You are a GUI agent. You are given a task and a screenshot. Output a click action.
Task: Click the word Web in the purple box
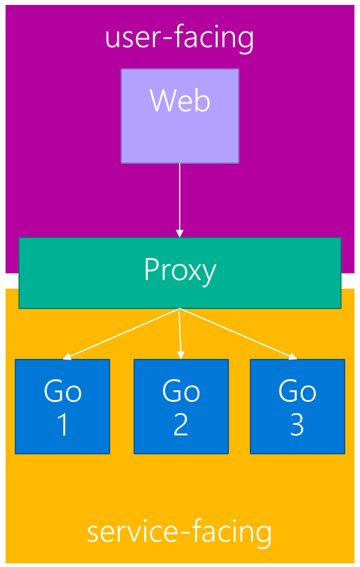pyautogui.click(x=180, y=100)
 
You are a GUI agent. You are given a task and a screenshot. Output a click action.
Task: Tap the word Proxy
pyautogui.click(x=180, y=270)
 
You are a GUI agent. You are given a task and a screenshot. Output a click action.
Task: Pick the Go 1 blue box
pyautogui.click(x=62, y=406)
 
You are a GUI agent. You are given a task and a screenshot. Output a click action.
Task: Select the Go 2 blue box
pyautogui.click(x=181, y=406)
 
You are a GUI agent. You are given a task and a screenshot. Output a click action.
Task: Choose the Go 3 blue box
pyautogui.click(x=297, y=406)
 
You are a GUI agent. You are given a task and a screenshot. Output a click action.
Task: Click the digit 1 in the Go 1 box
pyautogui.click(x=63, y=425)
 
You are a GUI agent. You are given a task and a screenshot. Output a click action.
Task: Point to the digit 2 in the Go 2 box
pyautogui.click(x=181, y=425)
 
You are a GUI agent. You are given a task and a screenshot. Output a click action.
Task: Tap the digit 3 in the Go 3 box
pyautogui.click(x=297, y=425)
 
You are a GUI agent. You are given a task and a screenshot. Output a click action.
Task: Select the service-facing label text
pyautogui.click(x=179, y=531)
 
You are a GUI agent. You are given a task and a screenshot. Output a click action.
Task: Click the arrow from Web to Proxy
pyautogui.click(x=180, y=197)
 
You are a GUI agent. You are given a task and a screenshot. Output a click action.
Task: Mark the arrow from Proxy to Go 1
pyautogui.click(x=123, y=333)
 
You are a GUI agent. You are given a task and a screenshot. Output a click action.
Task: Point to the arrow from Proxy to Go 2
pyautogui.click(x=180, y=332)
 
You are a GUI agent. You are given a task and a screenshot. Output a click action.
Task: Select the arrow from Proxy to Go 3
pyautogui.click(x=237, y=333)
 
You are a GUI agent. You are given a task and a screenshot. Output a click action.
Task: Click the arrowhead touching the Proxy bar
pyautogui.click(x=180, y=233)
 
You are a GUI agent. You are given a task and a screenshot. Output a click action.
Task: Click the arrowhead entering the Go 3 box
pyautogui.click(x=293, y=356)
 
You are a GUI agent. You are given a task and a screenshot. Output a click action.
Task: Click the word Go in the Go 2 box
pyautogui.click(x=181, y=391)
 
